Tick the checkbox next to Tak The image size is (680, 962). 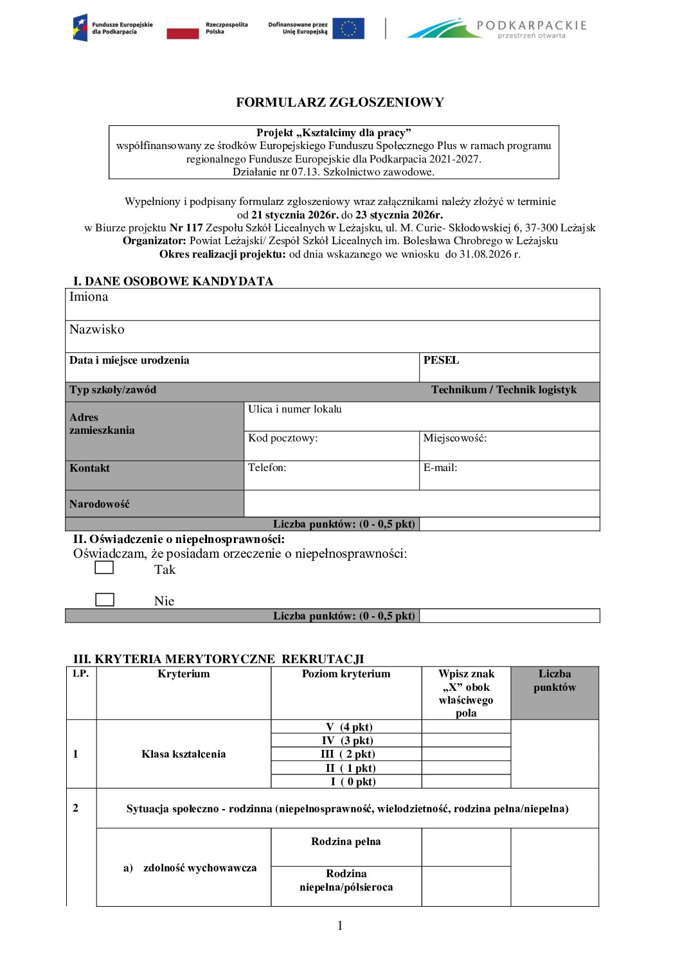[104, 567]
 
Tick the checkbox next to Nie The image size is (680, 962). [105, 600]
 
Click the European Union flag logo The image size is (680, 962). [348, 28]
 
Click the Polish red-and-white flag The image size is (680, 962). [183, 28]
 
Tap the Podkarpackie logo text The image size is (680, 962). [532, 26]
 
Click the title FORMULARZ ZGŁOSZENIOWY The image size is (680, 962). [340, 102]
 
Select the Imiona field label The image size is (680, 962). [89, 297]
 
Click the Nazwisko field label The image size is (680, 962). [96, 330]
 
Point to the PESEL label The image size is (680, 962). [441, 360]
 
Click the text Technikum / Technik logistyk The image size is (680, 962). [504, 390]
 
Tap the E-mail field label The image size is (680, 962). [440, 468]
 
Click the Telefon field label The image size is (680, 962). [267, 468]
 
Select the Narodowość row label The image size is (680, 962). [100, 504]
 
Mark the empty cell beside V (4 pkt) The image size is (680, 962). [466, 727]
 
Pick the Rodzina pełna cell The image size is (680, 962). [346, 842]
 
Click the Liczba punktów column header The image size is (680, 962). [554, 681]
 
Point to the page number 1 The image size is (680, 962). [340, 925]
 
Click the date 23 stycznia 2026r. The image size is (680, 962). [399, 215]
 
